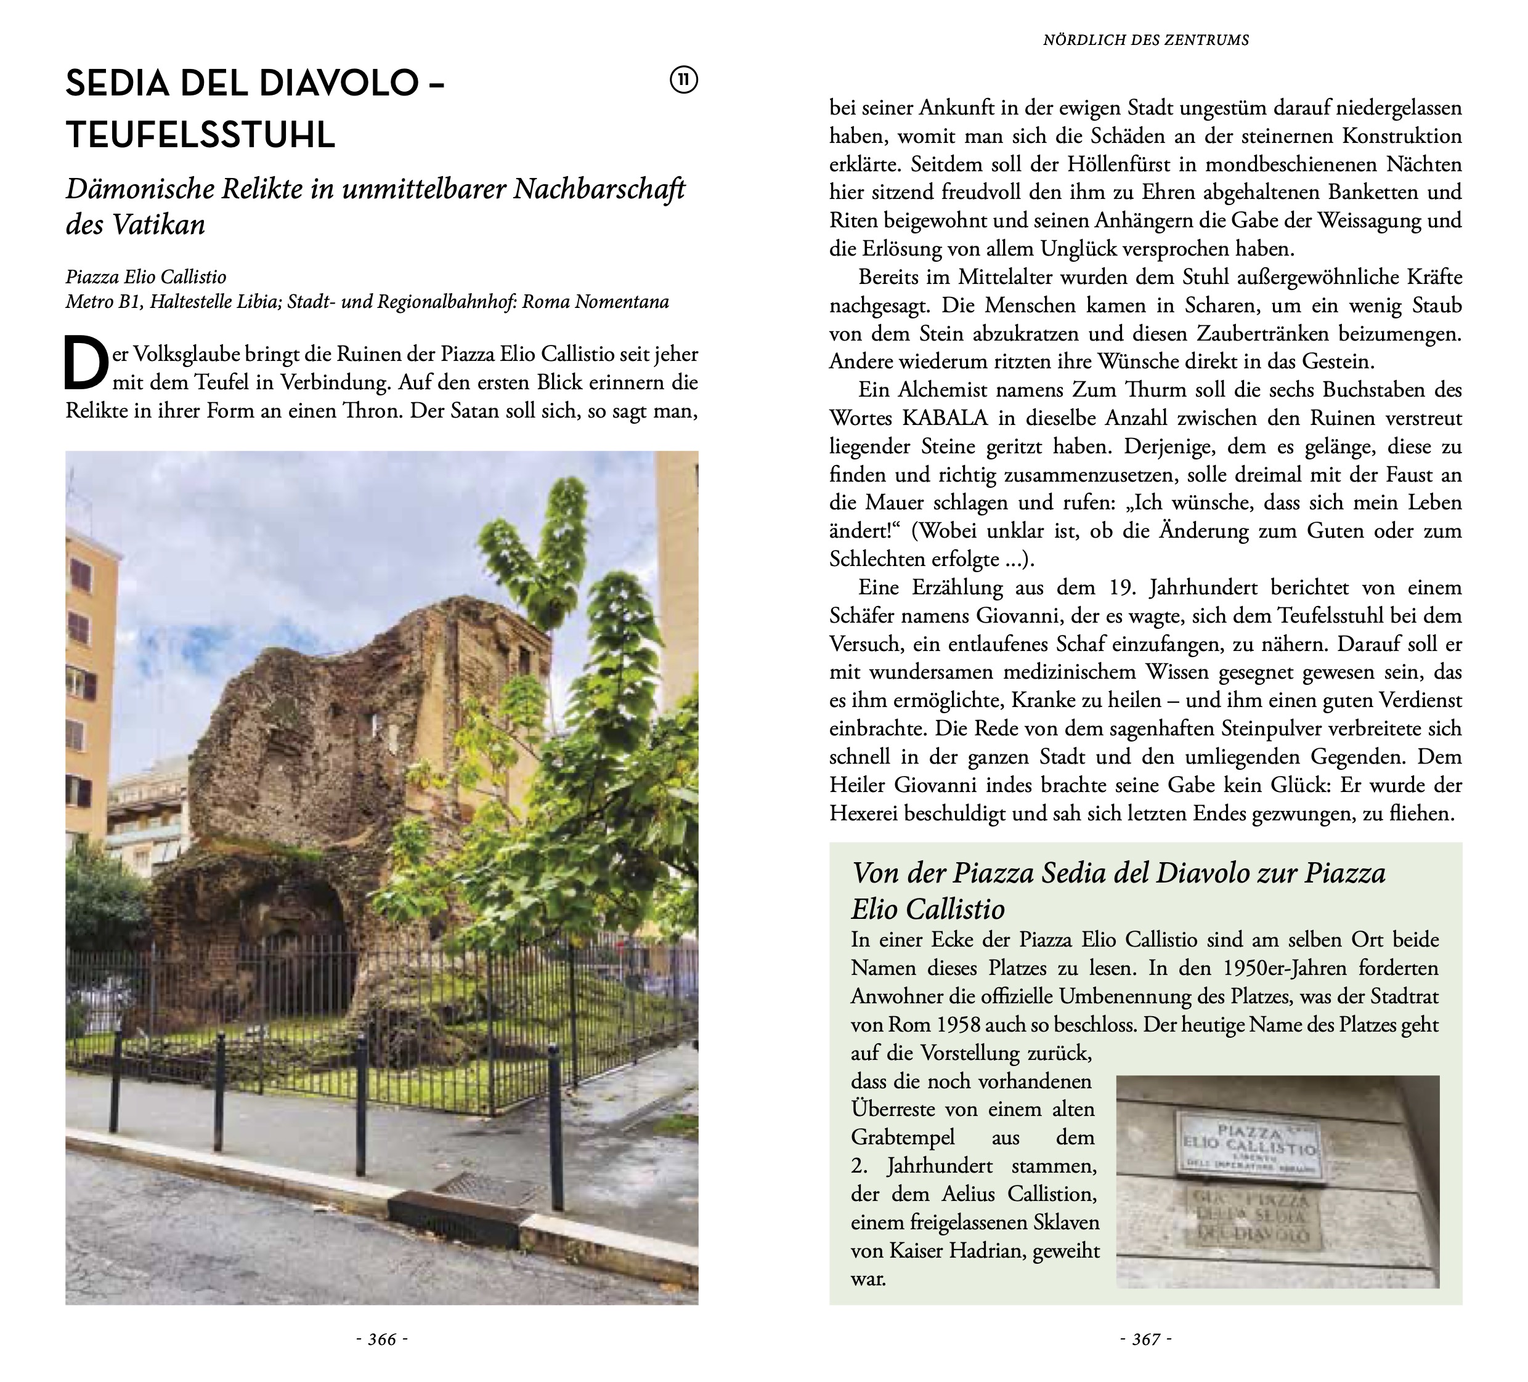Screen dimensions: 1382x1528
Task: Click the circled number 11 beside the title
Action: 684,80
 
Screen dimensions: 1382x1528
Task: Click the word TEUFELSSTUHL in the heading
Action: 200,135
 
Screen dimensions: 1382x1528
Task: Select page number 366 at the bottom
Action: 382,1340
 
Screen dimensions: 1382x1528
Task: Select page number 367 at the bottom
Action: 1145,1340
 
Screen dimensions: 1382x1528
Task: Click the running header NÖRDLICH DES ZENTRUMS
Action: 1145,40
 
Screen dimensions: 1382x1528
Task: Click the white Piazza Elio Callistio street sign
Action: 1249,1149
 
